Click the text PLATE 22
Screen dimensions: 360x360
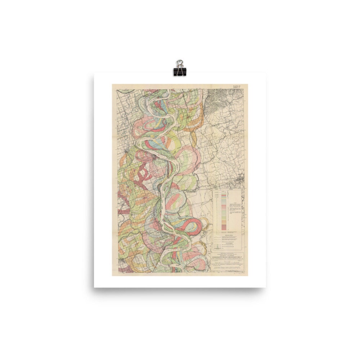tap(237, 86)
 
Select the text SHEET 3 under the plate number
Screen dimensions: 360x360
tap(237, 88)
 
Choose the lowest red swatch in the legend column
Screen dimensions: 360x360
tap(224, 227)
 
